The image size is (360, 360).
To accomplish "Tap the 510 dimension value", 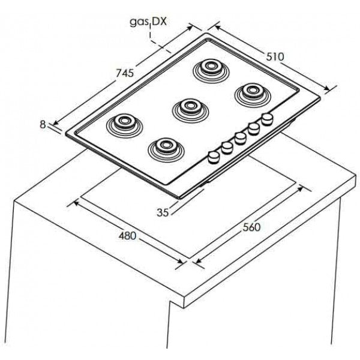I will [x=275, y=56].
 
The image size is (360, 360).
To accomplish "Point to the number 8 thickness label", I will [x=43, y=124].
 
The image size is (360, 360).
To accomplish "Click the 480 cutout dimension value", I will [x=127, y=235].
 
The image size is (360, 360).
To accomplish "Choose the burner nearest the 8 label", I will [x=124, y=123].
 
